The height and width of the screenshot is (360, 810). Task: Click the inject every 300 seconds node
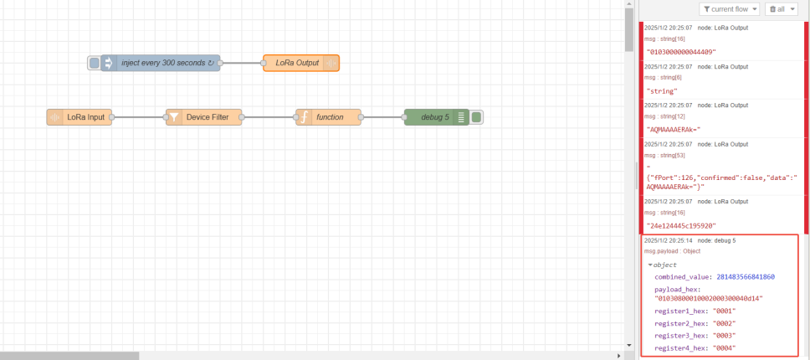tap(163, 63)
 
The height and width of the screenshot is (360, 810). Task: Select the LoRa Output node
tap(297, 63)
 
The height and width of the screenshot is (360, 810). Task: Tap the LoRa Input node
tap(85, 117)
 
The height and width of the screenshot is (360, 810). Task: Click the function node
tap(329, 117)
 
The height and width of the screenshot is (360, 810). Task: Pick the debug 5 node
tap(434, 117)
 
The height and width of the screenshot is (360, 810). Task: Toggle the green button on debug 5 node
tap(476, 117)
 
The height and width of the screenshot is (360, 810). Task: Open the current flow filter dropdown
tap(730, 9)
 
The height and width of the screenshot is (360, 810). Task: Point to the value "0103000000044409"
tap(680, 52)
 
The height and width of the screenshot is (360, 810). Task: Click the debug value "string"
tap(662, 90)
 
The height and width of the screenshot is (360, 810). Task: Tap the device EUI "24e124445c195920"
tap(680, 226)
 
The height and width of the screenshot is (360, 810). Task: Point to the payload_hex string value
tap(709, 298)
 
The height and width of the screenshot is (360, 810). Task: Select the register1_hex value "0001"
tap(725, 311)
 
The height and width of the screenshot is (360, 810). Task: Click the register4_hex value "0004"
tap(725, 348)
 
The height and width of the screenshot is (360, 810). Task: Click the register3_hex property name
tap(679, 336)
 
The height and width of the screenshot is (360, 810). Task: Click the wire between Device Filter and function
tap(269, 117)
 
